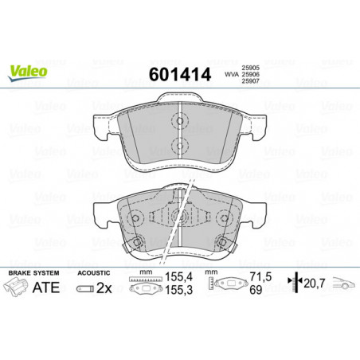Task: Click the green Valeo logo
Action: [x=28, y=72]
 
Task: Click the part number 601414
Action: [x=180, y=74]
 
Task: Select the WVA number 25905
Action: [x=250, y=68]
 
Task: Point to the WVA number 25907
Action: [x=250, y=81]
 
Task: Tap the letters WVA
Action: [x=232, y=75]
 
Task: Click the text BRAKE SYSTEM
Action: [x=33, y=272]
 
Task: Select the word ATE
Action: [x=46, y=288]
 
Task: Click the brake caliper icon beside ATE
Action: [x=16, y=287]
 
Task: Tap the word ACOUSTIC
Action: [x=93, y=272]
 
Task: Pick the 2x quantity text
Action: [x=104, y=288]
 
